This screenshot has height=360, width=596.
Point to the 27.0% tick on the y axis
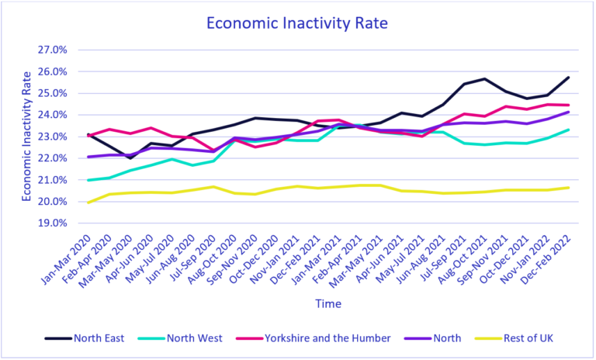pos(53,50)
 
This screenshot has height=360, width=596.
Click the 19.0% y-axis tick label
pos(53,223)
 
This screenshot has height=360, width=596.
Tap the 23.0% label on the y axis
pos(53,137)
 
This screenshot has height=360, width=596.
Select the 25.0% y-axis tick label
pos(53,93)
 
